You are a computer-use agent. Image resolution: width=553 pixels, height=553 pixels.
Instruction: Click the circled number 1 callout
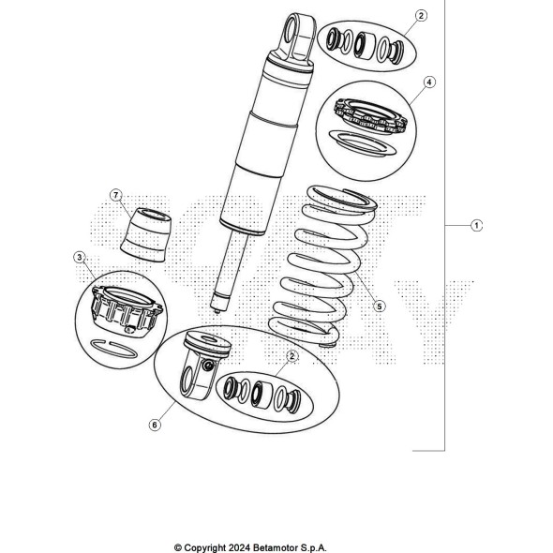coord(476,225)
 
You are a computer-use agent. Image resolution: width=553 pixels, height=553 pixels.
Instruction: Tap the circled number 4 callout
coord(429,82)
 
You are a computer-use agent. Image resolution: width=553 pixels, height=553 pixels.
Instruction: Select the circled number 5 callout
coord(379,306)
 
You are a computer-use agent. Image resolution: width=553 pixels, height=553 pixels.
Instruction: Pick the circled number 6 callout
coord(155,425)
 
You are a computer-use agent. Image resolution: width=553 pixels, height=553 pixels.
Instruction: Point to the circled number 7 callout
coord(116,195)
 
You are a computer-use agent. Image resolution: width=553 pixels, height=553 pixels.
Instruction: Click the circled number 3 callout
coord(80,257)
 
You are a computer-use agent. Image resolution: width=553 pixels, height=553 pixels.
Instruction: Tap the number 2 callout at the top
coord(421,16)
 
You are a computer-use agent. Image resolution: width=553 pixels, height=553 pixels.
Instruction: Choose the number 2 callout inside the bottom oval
coord(291,356)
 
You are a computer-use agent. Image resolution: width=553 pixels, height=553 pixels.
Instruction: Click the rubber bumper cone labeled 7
coord(145,234)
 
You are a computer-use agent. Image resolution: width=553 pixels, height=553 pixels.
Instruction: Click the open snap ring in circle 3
coord(114,349)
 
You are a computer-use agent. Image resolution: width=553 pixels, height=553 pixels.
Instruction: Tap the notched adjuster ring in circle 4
coord(370,117)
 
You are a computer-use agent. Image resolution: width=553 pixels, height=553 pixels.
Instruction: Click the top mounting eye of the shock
coord(299,37)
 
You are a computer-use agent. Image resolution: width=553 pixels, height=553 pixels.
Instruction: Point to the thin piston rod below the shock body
coord(230,271)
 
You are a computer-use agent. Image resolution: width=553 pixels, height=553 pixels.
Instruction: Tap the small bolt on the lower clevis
coord(208,366)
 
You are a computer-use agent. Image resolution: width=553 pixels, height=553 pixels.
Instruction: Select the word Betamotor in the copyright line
coord(276,547)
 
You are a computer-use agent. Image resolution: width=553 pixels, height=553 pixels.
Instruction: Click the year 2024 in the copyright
coord(239,547)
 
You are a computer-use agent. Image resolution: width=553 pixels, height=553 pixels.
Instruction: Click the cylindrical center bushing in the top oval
coord(365,45)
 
